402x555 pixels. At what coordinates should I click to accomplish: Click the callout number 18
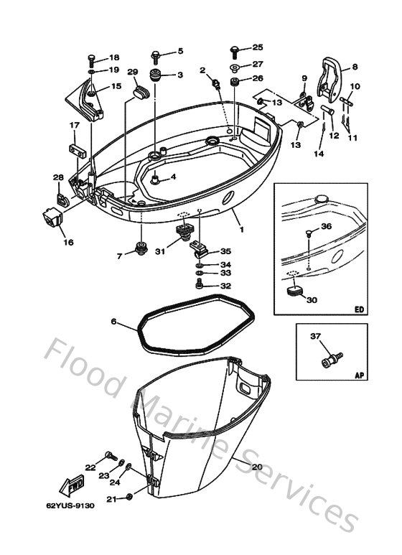click(114, 57)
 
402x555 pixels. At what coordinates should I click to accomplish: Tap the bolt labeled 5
click(155, 54)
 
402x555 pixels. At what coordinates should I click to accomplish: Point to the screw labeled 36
click(309, 232)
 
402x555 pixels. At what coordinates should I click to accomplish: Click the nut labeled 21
click(128, 497)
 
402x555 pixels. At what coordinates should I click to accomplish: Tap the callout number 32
click(225, 286)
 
